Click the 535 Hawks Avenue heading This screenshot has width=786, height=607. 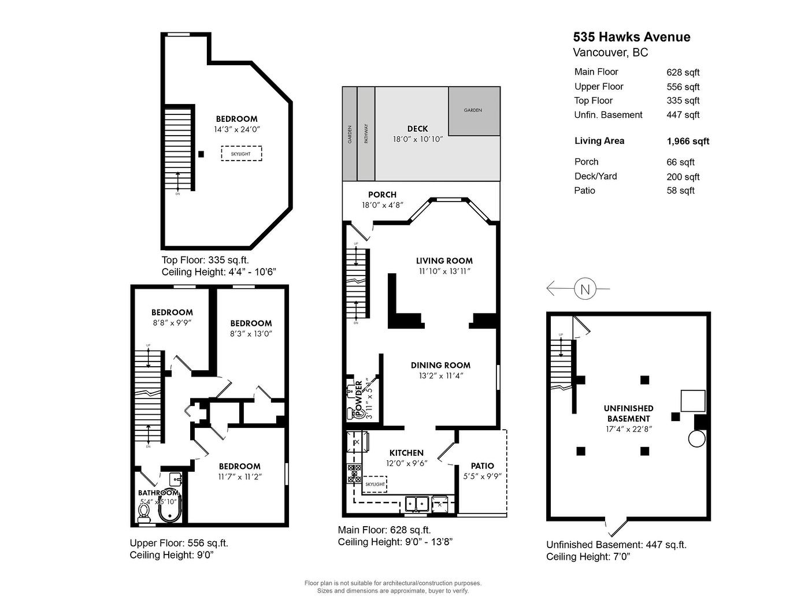point(631,37)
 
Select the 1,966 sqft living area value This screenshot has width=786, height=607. point(688,141)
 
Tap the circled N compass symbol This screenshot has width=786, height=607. point(585,288)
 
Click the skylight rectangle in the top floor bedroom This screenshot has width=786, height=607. point(241,154)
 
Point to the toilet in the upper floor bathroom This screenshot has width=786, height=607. point(144,511)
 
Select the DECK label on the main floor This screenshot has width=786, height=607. point(417,129)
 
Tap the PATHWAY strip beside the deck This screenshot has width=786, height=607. point(366,134)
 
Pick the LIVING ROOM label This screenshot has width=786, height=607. point(444,261)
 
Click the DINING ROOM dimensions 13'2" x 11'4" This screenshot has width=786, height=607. point(441,376)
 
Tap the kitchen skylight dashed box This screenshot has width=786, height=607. point(375,484)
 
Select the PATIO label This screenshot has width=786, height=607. point(482,466)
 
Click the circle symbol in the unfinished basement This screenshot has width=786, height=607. point(696,438)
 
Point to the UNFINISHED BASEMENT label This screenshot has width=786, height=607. point(628,414)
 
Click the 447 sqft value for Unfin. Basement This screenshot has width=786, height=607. point(683,115)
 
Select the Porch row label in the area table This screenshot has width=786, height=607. point(586,162)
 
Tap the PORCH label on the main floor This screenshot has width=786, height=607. point(382,195)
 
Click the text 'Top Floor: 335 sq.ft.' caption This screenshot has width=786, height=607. point(205,260)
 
